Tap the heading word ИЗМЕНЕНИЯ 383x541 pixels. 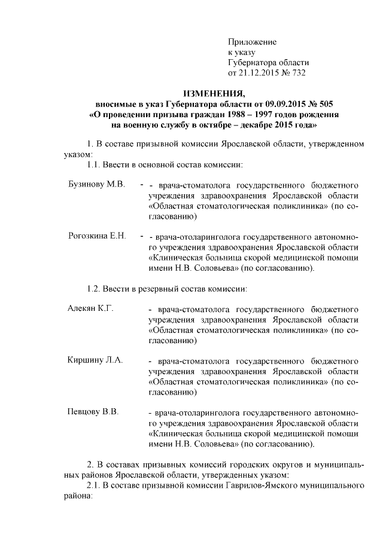(214, 93)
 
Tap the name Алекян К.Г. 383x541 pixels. (90, 308)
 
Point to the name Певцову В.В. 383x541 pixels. (94, 412)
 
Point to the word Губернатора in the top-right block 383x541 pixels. (252, 63)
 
